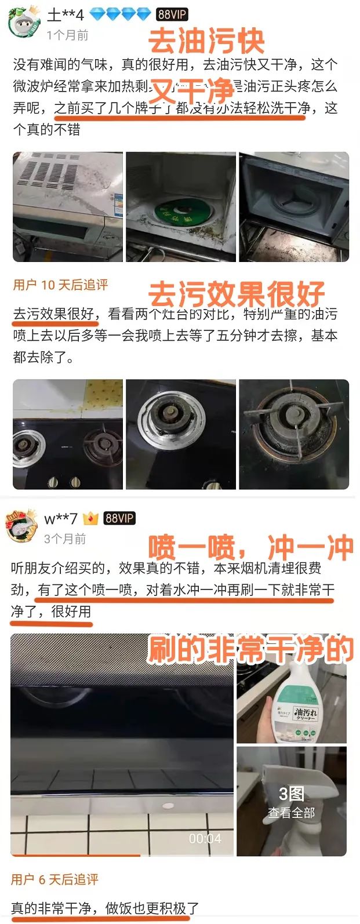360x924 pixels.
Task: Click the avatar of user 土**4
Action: pyautogui.click(x=23, y=22)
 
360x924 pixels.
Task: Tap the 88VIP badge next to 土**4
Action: pyautogui.click(x=172, y=14)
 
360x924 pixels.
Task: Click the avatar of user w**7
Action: pyautogui.click(x=22, y=525)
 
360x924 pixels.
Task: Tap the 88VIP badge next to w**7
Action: pyautogui.click(x=119, y=518)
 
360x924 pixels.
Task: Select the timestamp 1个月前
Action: pyautogui.click(x=67, y=35)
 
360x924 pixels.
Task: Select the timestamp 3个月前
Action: pyautogui.click(x=65, y=539)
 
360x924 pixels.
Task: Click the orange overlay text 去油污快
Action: pyautogui.click(x=207, y=41)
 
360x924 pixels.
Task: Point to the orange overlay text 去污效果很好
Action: pyautogui.click(x=237, y=294)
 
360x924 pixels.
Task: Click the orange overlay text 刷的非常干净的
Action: pyautogui.click(x=250, y=649)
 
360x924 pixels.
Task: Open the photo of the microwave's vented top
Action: pyautogui.click(x=68, y=206)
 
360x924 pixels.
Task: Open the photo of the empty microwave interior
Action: pyautogui.click(x=294, y=206)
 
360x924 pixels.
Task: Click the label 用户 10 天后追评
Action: pyautogui.click(x=60, y=285)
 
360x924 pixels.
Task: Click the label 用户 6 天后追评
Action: pyautogui.click(x=54, y=879)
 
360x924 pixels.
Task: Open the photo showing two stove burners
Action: pyautogui.click(x=68, y=434)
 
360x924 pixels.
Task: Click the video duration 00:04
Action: pyautogui.click(x=205, y=838)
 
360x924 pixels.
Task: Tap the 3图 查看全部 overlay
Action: pyautogui.click(x=291, y=802)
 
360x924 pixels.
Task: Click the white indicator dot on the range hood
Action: pyautogui.click(x=168, y=805)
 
